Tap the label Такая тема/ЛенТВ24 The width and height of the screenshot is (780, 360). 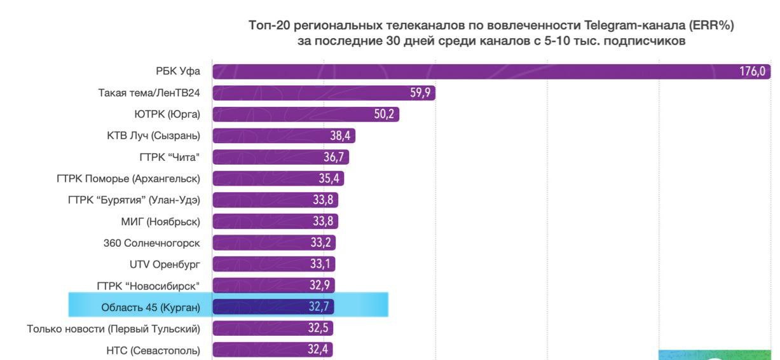[149, 93]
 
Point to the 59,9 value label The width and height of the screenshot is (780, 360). [420, 93]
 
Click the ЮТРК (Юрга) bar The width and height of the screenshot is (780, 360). [305, 114]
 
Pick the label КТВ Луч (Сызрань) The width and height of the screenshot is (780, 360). [153, 135]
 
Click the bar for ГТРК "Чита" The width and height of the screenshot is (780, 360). [280, 157]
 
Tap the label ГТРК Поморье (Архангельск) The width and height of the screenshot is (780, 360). [128, 179]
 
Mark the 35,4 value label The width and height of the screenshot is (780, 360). [329, 179]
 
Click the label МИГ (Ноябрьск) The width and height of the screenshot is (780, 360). [156, 221]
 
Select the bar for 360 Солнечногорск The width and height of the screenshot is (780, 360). [273, 243]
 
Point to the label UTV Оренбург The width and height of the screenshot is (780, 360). [165, 265]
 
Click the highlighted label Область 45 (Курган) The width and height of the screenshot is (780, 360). [151, 308]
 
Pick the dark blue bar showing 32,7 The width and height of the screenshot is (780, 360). [273, 308]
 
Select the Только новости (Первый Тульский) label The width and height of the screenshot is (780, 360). [114, 329]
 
